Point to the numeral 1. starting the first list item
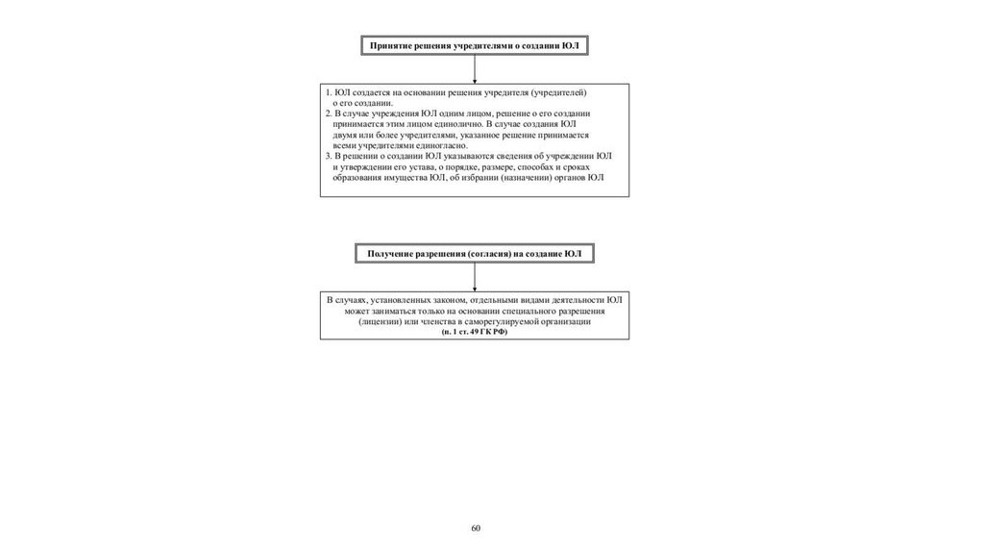point(328,91)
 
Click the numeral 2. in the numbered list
point(328,113)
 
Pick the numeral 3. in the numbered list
point(328,156)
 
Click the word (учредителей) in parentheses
point(558,91)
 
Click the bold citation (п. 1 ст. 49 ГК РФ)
point(475,332)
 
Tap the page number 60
point(476,528)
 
